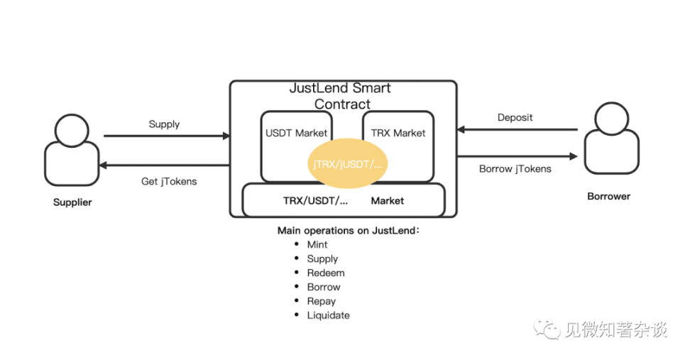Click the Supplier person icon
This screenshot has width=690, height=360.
[x=71, y=151]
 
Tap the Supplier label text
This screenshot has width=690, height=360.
[x=72, y=202]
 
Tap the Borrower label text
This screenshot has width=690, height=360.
[x=608, y=196]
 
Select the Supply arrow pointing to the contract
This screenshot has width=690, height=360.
[x=167, y=136]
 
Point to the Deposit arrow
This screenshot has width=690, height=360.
[x=517, y=130]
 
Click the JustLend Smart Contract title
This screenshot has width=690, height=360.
[x=341, y=96]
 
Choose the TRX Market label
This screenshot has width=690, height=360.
[x=398, y=133]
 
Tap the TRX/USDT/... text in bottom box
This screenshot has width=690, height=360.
[x=315, y=201]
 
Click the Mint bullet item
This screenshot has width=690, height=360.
[x=317, y=244]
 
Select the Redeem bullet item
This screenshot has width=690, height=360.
[x=326, y=273]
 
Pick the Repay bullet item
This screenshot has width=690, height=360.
[x=322, y=301]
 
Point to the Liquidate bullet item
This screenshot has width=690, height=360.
[x=328, y=315]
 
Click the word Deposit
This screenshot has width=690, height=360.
[x=515, y=117]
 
